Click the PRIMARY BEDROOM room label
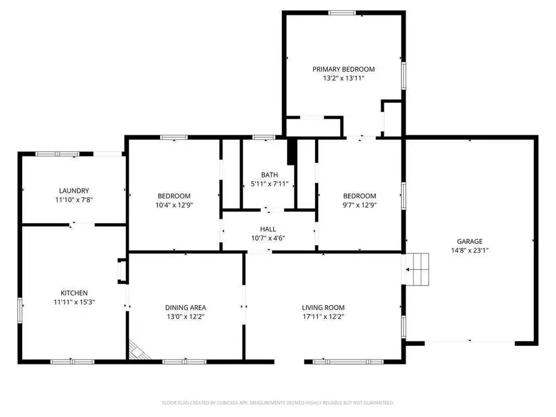pyautogui.click(x=343, y=70)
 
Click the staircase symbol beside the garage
pyautogui.click(x=416, y=269)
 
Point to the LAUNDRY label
pyautogui.click(x=74, y=191)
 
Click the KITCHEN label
pyautogui.click(x=74, y=293)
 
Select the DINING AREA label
pyautogui.click(x=185, y=308)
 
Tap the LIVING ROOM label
pyautogui.click(x=322, y=308)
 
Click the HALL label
pyautogui.click(x=267, y=229)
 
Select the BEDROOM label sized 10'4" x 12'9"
pyautogui.click(x=173, y=196)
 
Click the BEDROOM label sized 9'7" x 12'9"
pyautogui.click(x=359, y=196)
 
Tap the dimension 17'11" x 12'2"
pyautogui.click(x=322, y=317)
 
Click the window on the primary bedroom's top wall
pyautogui.click(x=341, y=12)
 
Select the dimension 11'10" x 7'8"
pyautogui.click(x=74, y=200)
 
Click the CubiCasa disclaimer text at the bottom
pyautogui.click(x=277, y=403)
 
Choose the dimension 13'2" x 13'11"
pyautogui.click(x=343, y=79)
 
